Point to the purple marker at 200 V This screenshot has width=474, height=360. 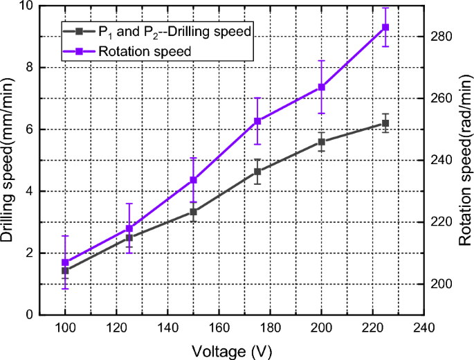pyautogui.click(x=321, y=87)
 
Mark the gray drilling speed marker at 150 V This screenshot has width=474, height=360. pyautogui.click(x=193, y=211)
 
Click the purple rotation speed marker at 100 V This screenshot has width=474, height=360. pyautogui.click(x=65, y=263)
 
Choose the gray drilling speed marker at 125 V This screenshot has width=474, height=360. pyautogui.click(x=129, y=237)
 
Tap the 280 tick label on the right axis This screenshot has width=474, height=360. pyautogui.click(x=441, y=36)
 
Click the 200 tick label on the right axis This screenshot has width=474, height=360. pyautogui.click(x=441, y=284)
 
